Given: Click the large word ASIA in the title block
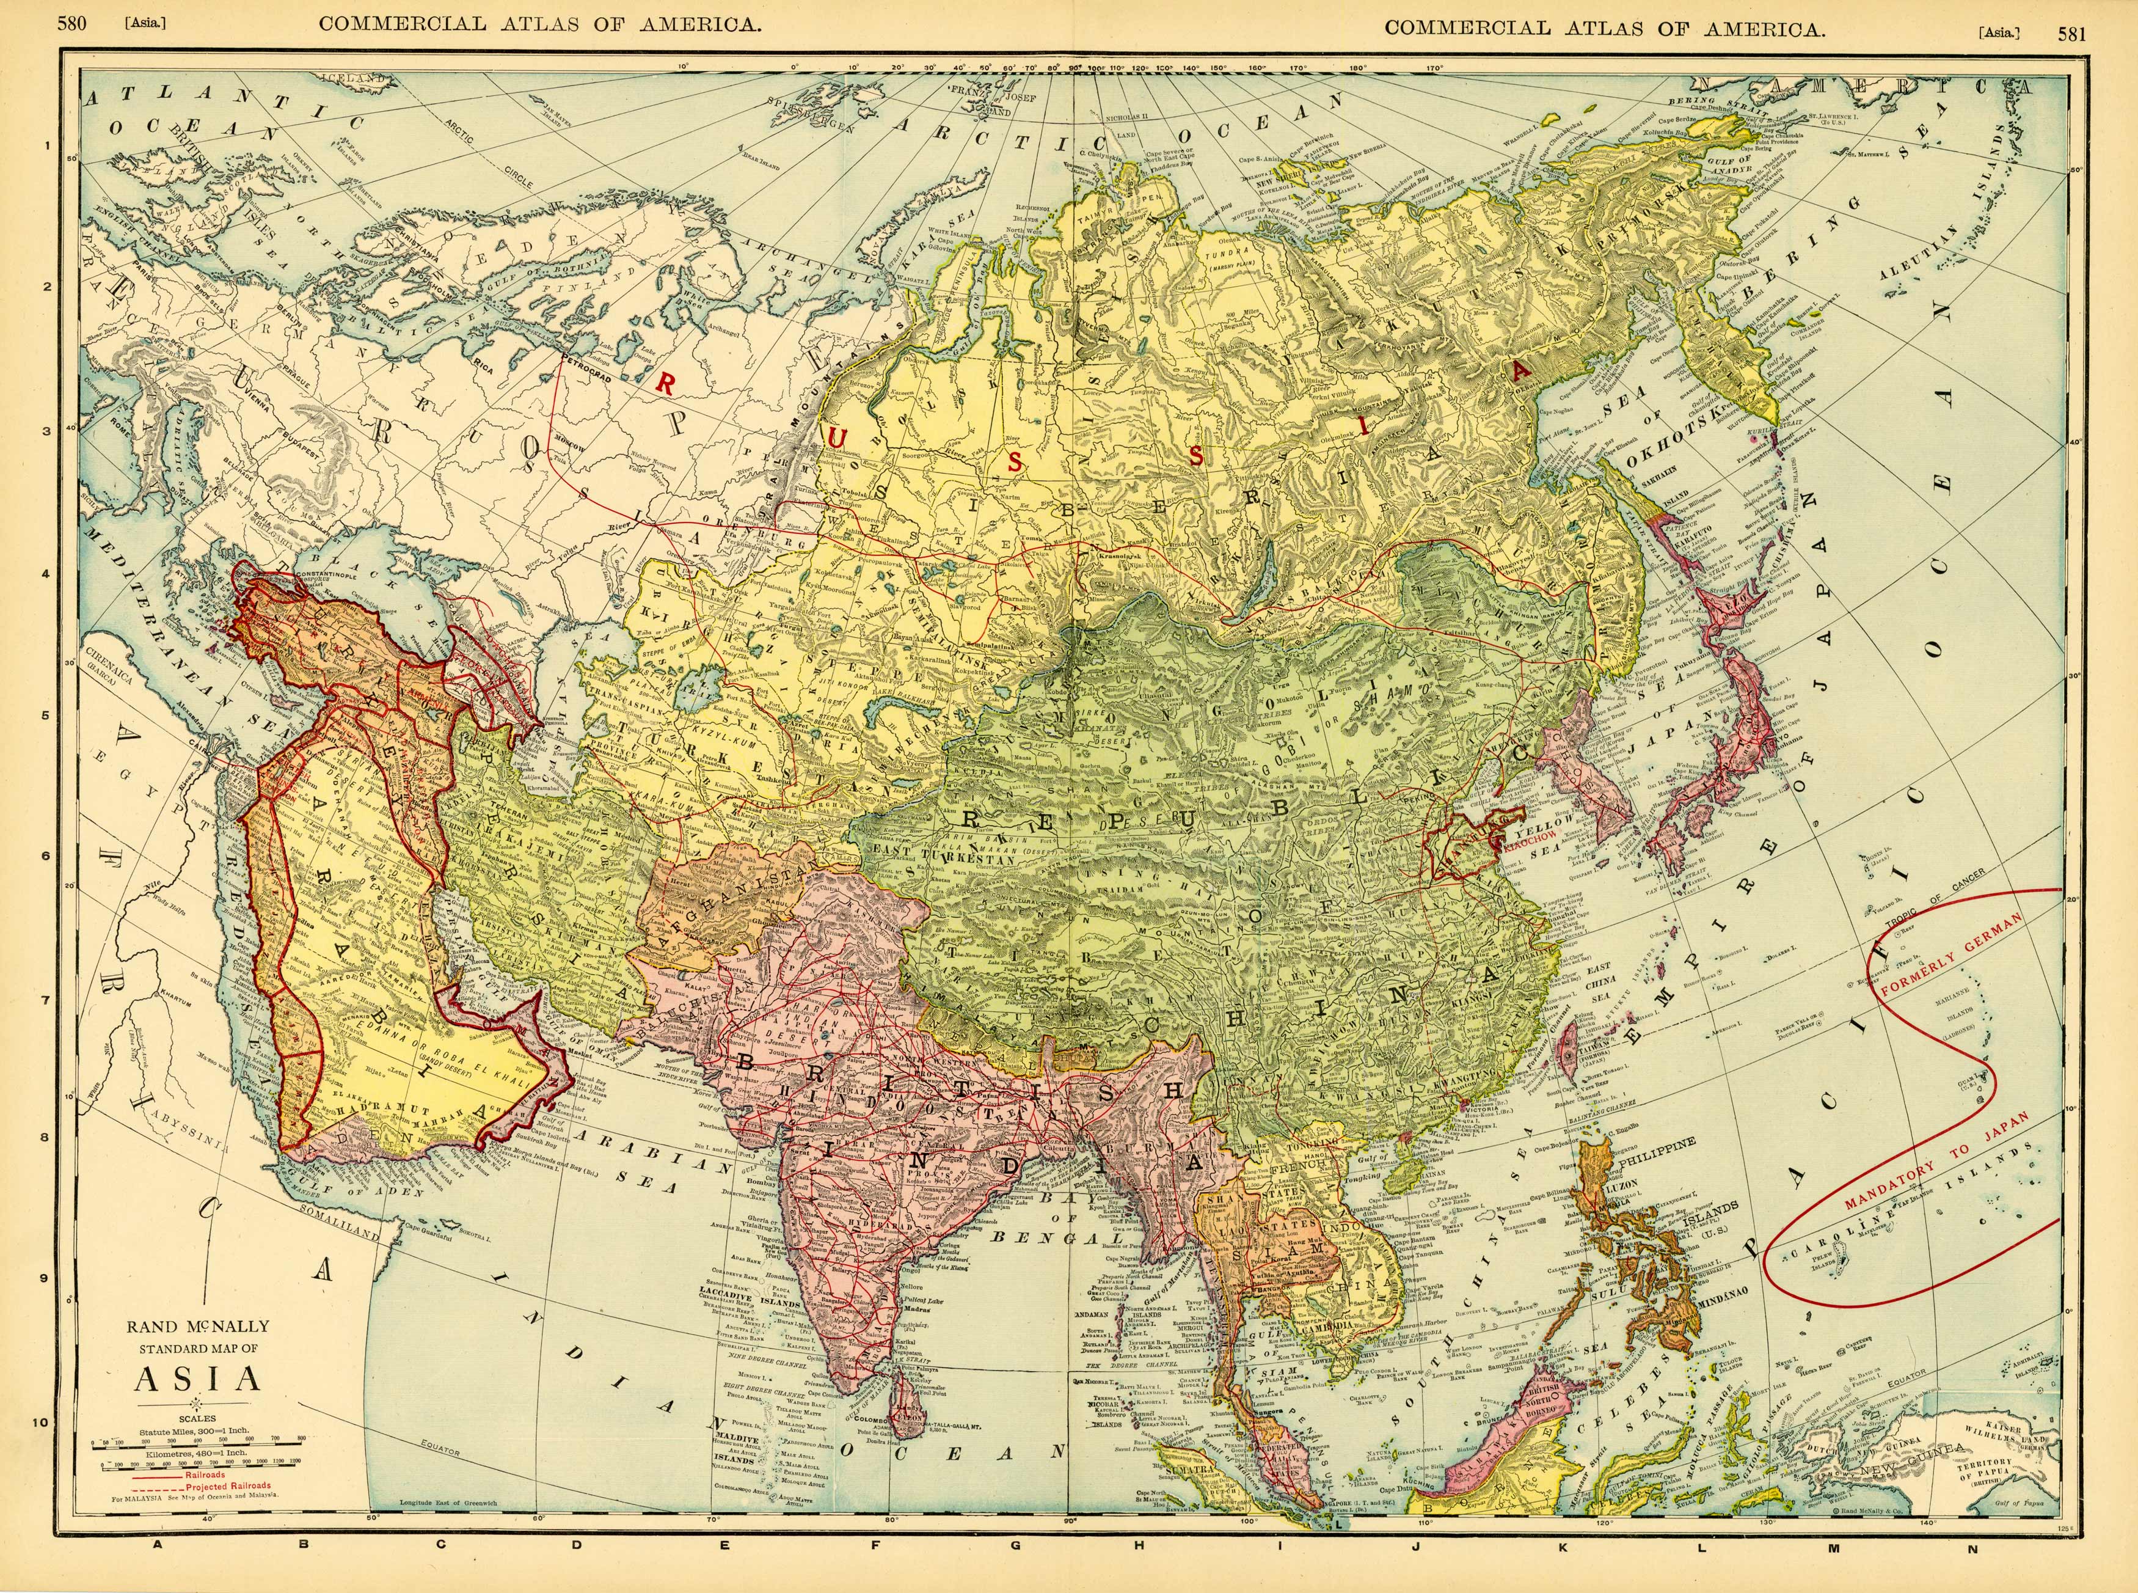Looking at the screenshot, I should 197,1379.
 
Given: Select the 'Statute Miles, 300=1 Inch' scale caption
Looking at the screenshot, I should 197,1433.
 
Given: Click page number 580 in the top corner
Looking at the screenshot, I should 72,23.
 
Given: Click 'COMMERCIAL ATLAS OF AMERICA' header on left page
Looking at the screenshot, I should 540,25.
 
